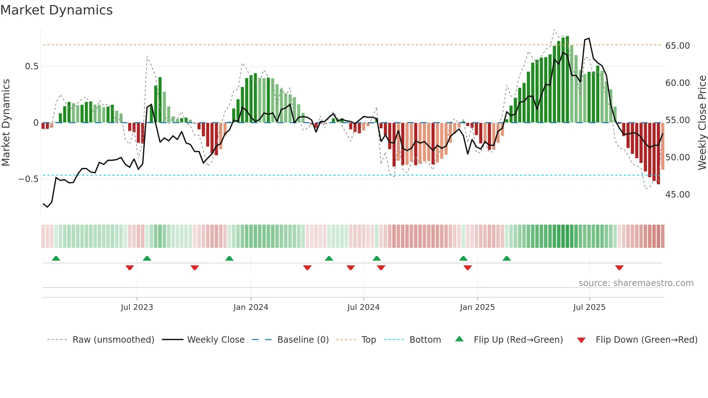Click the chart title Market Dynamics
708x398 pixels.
pos(56,10)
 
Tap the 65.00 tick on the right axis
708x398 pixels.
pos(677,46)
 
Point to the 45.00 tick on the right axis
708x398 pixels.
pos(677,195)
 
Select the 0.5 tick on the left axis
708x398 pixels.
pos(31,66)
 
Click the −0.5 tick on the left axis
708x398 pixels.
pos(29,179)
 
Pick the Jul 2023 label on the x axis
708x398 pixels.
pos(137,307)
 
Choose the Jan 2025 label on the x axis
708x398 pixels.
pos(477,307)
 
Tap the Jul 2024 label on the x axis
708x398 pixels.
pos(363,307)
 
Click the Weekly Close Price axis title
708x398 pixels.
pos(702,123)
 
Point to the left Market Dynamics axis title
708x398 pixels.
pos(6,123)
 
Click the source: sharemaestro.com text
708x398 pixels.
pos(636,283)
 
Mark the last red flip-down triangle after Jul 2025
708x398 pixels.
pos(619,268)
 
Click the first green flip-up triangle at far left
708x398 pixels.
pos(56,258)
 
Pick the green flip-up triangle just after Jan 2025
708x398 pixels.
pos(506,258)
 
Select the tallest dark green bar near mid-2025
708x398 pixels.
pos(567,79)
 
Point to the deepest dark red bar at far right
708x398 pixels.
pos(658,153)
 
